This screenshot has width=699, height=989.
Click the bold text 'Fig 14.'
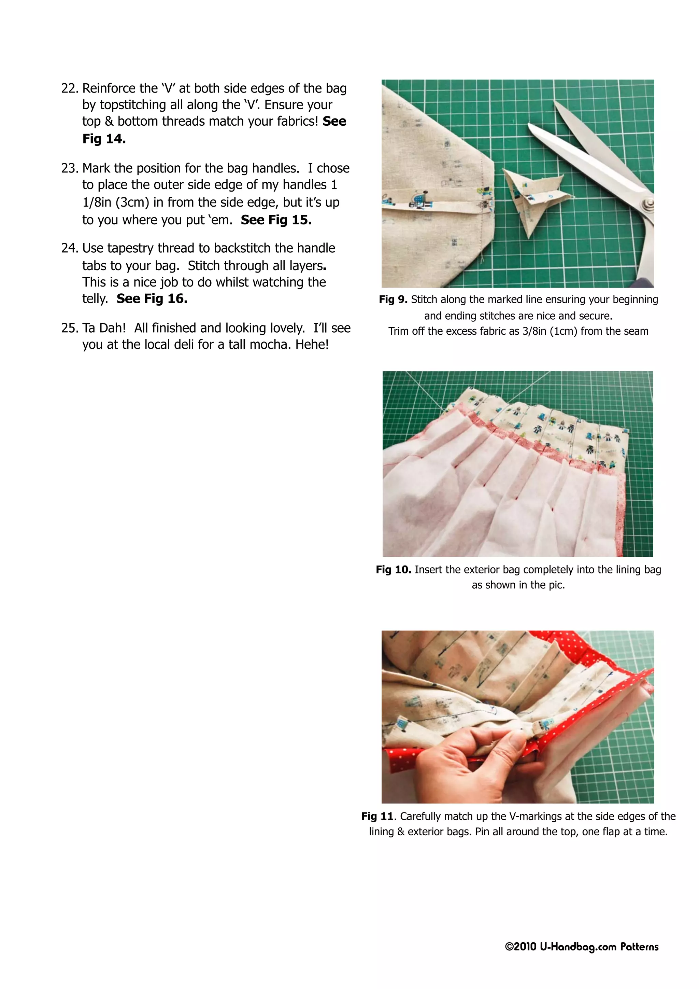pos(104,139)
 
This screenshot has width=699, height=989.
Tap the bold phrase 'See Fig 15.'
pos(276,220)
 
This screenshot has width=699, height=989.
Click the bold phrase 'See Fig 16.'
pos(152,299)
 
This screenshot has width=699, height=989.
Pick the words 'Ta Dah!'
pos(104,328)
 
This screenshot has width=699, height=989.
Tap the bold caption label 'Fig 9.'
pos(393,300)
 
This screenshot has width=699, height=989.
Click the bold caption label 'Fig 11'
pos(377,817)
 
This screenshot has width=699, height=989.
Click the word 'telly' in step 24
pos(94,299)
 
